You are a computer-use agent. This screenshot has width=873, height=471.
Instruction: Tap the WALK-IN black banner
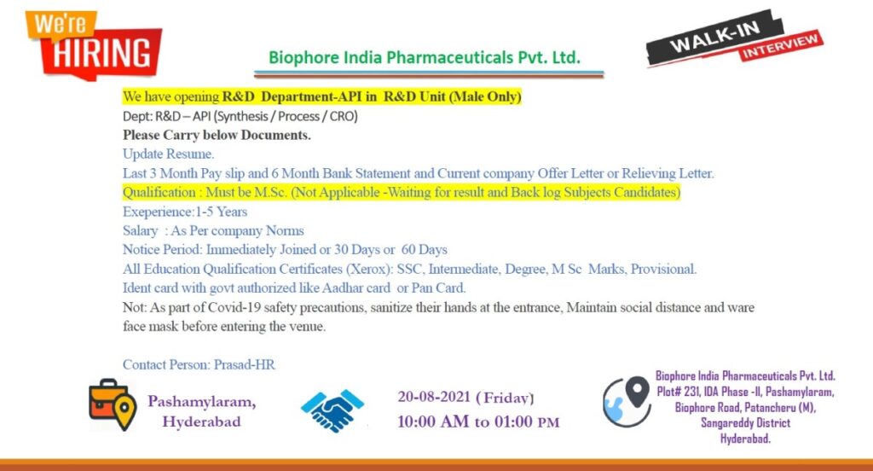tap(715, 38)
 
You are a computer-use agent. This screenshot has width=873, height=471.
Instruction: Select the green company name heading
tap(425, 57)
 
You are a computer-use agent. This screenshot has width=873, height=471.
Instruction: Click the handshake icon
tap(332, 410)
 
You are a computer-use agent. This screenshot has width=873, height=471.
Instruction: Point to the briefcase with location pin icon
tap(113, 404)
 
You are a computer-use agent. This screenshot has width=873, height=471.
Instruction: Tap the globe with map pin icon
tap(627, 401)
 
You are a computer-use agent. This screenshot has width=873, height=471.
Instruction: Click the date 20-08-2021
tap(434, 397)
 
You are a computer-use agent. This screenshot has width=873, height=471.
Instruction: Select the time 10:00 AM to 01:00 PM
tap(478, 422)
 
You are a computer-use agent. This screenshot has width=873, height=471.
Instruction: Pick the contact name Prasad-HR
tap(245, 364)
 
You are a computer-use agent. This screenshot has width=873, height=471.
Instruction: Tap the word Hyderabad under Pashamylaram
tap(201, 422)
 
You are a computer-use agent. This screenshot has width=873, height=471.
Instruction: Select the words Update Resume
tap(168, 154)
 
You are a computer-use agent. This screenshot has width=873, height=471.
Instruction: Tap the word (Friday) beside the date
tap(505, 398)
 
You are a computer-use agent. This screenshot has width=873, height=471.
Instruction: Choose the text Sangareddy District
tap(745, 423)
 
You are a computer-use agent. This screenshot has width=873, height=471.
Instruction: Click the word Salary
tap(141, 230)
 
